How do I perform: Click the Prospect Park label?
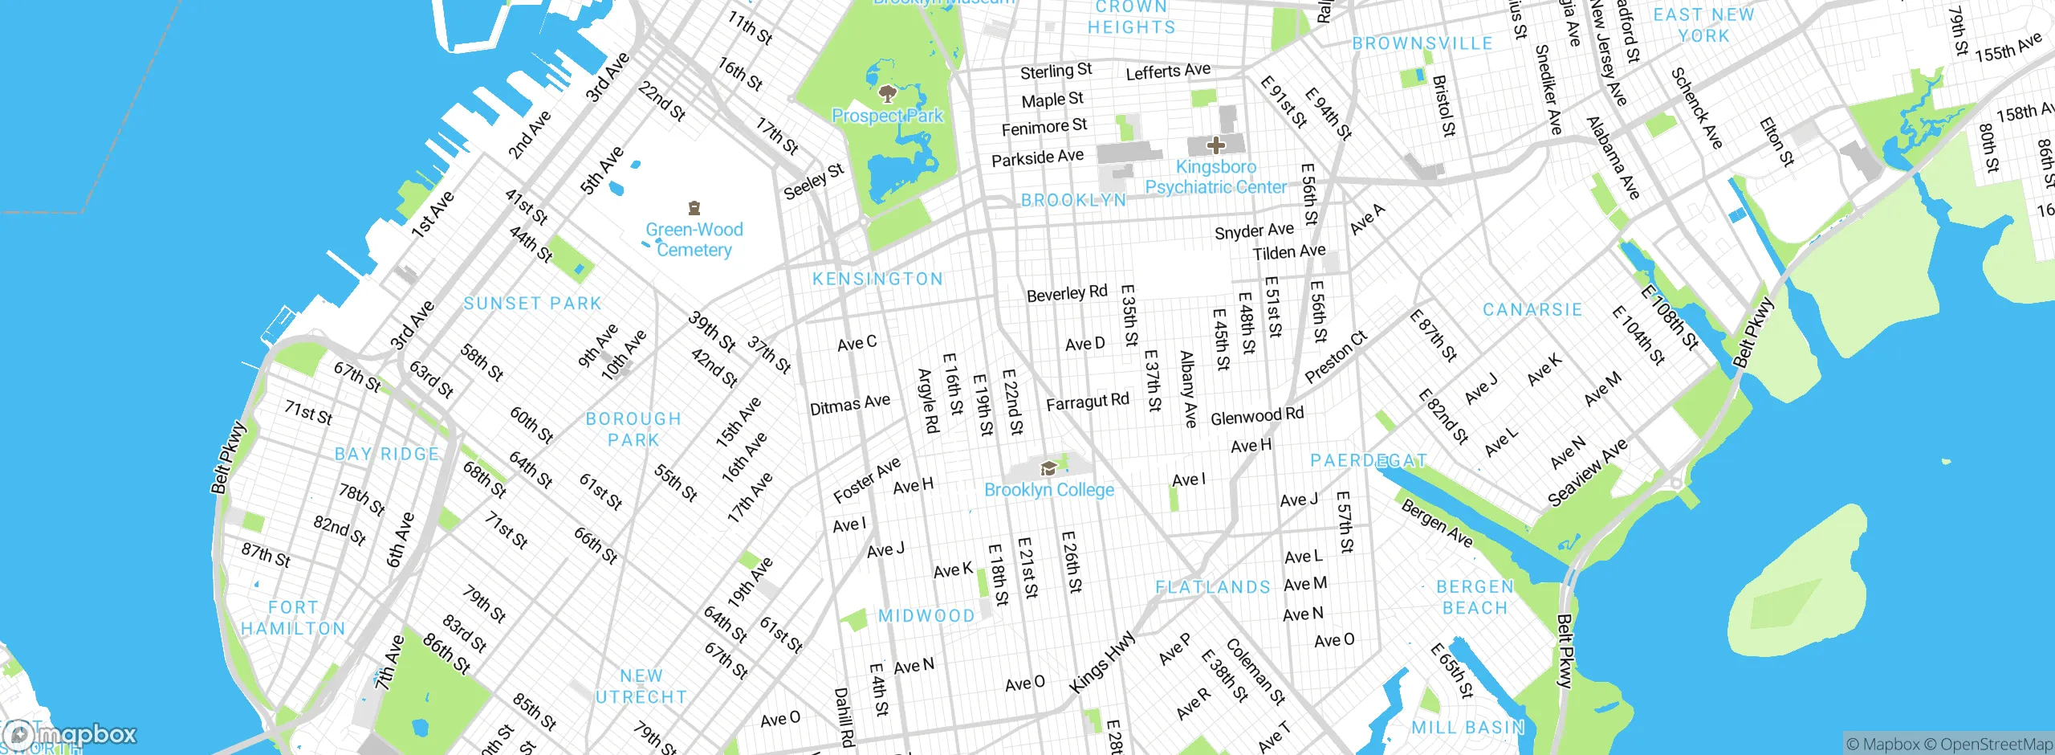point(888,116)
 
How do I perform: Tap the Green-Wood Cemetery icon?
point(695,209)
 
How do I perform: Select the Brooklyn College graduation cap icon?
point(1048,468)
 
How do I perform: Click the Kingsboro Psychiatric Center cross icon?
point(1216,145)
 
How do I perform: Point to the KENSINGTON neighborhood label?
point(877,279)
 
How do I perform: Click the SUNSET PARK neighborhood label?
point(532,304)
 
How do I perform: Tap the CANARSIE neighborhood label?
point(1532,309)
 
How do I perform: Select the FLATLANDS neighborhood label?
point(1213,587)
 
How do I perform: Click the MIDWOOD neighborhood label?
point(926,616)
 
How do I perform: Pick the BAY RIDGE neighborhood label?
point(387,454)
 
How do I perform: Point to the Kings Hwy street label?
point(1103,662)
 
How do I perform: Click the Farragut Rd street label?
point(1087,402)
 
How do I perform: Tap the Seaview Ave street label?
point(1588,472)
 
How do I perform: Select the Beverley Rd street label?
point(1067,293)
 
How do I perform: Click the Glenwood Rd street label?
point(1257,416)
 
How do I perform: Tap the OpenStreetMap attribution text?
point(1996,744)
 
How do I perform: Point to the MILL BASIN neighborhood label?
point(1468,728)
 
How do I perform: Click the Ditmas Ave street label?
point(849,404)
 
